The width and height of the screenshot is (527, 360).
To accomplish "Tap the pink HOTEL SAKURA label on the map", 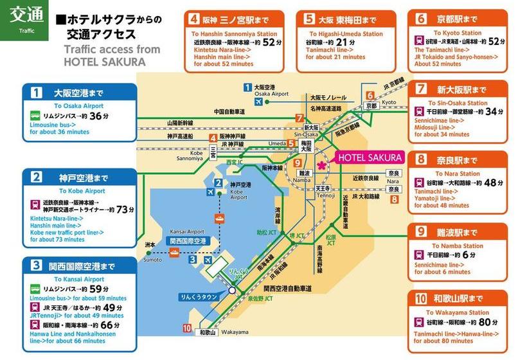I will (x=370, y=157).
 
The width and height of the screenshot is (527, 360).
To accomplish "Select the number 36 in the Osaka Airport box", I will (x=96, y=116).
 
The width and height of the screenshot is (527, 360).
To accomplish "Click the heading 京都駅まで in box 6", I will (x=458, y=19).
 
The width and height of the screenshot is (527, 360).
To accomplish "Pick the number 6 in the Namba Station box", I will (x=473, y=254).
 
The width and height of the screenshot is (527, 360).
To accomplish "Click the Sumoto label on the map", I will (x=152, y=259).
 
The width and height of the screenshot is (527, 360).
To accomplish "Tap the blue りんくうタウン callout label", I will (x=199, y=297).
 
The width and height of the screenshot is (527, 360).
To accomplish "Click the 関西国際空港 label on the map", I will (x=188, y=240).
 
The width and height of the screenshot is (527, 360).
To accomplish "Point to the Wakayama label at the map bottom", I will (x=236, y=332).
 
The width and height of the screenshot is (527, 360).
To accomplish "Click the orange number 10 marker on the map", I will (x=187, y=329).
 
